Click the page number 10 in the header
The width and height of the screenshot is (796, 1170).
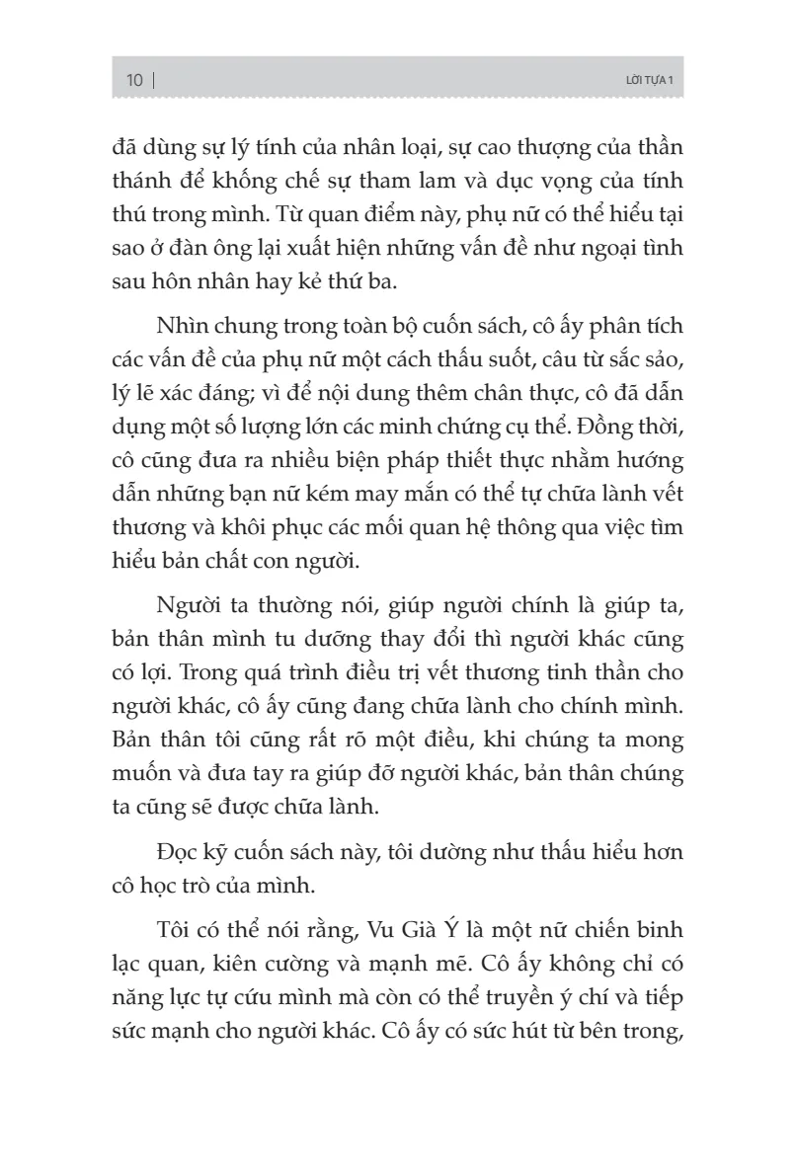click(134, 79)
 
